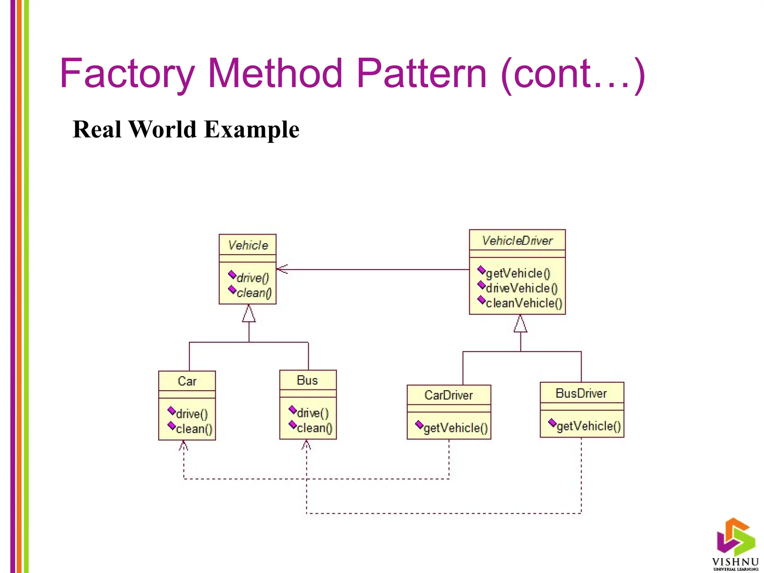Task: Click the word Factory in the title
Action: click(127, 74)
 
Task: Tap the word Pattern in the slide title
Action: click(422, 74)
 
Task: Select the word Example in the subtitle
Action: click(252, 130)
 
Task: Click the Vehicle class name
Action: click(248, 245)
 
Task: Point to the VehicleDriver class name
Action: click(517, 241)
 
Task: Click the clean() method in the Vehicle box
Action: click(254, 293)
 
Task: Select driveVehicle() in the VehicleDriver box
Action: click(521, 288)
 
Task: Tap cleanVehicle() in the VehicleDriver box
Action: click(523, 303)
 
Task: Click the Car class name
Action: click(187, 381)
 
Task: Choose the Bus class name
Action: click(307, 381)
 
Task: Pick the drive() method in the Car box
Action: click(191, 414)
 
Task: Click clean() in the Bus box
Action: click(314, 428)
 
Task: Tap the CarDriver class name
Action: click(448, 395)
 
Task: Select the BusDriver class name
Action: click(581, 393)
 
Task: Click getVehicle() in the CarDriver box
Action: click(455, 428)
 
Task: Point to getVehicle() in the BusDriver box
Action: click(588, 426)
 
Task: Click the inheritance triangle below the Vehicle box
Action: click(249, 314)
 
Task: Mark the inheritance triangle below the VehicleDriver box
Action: click(520, 325)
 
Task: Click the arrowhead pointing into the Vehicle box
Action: click(282, 269)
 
